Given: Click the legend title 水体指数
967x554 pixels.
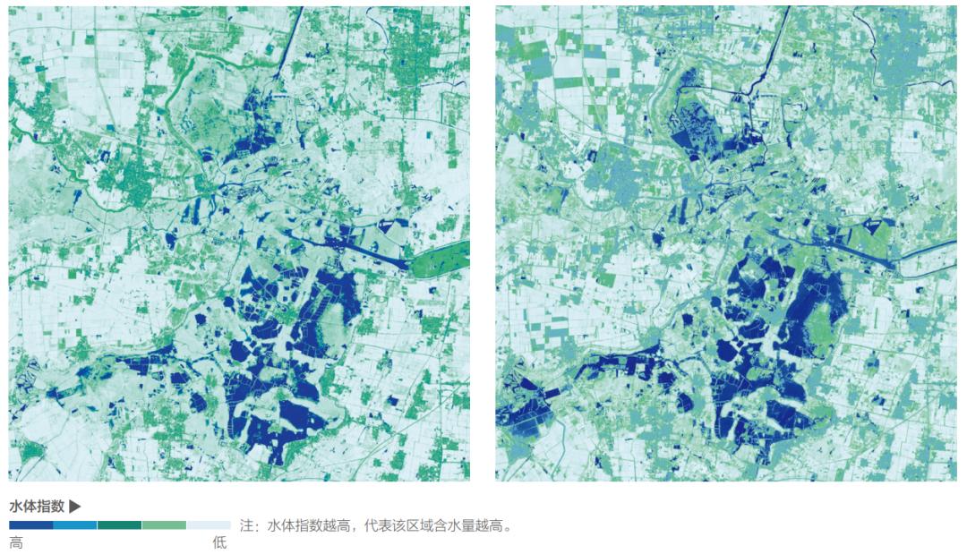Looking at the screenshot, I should tap(37, 506).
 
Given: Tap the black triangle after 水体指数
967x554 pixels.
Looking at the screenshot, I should tap(75, 506).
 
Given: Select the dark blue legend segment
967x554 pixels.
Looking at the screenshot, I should tap(30, 525).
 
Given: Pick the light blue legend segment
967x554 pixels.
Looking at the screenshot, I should tap(75, 525).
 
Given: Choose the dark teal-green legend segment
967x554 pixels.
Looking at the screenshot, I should tap(119, 525).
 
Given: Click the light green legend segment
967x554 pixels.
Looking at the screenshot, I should tap(164, 525).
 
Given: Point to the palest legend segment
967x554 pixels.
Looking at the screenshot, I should tap(208, 525).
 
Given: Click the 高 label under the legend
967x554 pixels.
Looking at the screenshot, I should tap(16, 543).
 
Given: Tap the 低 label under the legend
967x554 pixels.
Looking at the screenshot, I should tap(219, 543).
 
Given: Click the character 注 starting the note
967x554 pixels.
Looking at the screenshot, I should tap(248, 526).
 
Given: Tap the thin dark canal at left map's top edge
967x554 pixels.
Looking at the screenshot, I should tap(285, 45).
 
